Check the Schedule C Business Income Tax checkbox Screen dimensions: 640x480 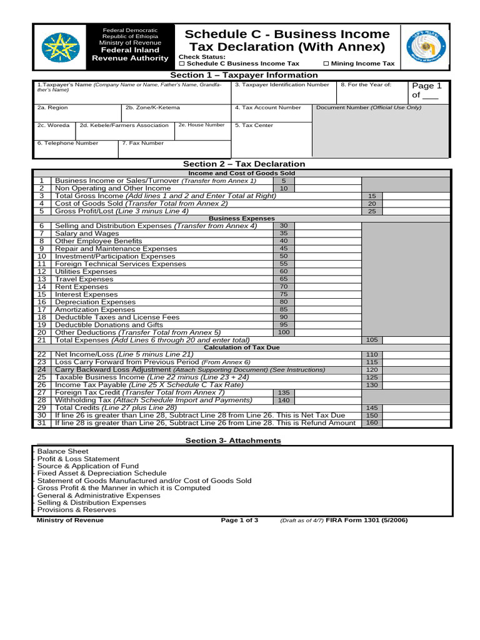coord(182,64)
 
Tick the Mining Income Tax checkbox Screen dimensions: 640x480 coord(326,64)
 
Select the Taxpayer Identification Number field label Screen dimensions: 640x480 coord(282,84)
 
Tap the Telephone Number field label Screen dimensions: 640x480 coord(67,143)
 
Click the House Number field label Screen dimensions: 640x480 coord(201,125)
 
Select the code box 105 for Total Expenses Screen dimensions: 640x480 coord(372,340)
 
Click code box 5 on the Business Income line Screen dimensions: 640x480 coord(283,181)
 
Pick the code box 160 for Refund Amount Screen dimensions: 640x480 coord(372,423)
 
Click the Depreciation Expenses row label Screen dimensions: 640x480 coord(95,302)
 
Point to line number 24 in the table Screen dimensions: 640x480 coord(42,370)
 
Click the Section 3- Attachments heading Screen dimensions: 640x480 coord(233,441)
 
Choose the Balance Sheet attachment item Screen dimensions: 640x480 coord(62,451)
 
